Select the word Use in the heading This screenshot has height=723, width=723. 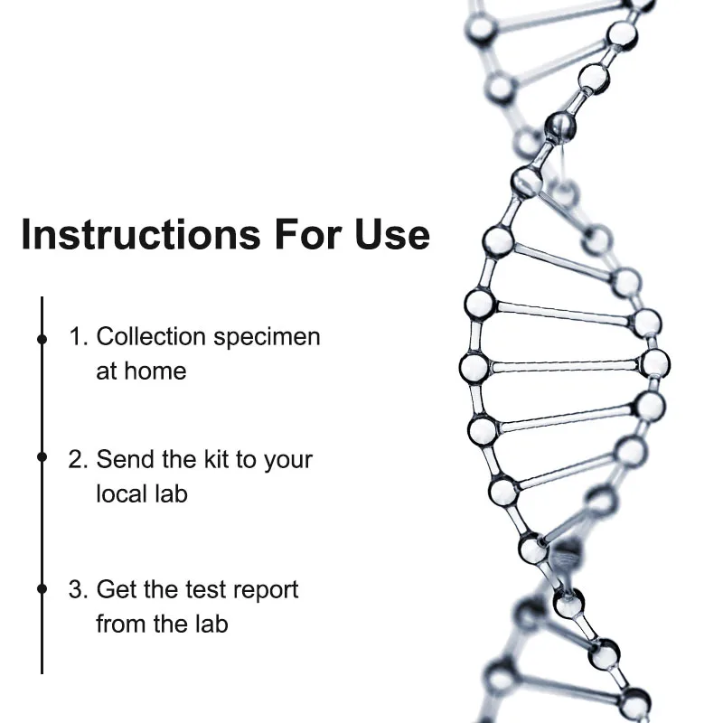pyautogui.click(x=390, y=234)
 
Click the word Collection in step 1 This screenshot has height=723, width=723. pyautogui.click(x=151, y=337)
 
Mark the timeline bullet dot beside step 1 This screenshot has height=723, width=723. pyautogui.click(x=42, y=339)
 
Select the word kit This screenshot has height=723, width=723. pyautogui.click(x=217, y=459)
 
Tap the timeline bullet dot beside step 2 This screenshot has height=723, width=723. pyautogui.click(x=42, y=457)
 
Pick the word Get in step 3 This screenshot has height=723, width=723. pyautogui.click(x=118, y=590)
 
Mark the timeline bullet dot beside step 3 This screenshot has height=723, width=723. pyautogui.click(x=42, y=588)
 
